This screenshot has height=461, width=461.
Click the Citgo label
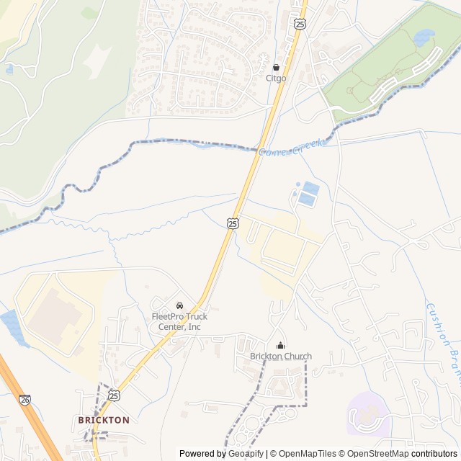[276, 78]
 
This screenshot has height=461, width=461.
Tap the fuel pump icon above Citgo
[276, 67]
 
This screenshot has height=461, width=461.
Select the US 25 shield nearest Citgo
[300, 24]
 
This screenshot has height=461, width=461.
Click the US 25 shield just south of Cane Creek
[233, 224]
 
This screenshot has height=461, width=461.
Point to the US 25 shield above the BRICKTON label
[114, 395]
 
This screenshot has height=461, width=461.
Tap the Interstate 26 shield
[26, 398]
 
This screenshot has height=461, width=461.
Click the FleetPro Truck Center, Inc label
[179, 321]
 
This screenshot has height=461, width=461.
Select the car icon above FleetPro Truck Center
[179, 305]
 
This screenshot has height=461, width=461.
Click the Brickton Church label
[281, 356]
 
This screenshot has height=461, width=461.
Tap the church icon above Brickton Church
[280, 345]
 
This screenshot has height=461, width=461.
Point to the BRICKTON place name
[104, 419]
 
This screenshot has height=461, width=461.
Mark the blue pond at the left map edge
[10, 326]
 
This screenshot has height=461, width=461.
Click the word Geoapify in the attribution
[246, 454]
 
